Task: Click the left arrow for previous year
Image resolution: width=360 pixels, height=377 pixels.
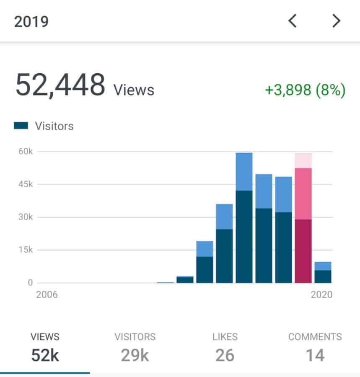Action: [x=293, y=21]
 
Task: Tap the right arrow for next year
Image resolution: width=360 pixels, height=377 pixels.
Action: [x=336, y=21]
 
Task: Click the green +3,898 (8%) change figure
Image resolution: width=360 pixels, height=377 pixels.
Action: [x=305, y=90]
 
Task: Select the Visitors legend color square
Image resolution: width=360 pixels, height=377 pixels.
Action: [x=21, y=126]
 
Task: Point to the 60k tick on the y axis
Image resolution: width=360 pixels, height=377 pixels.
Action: [x=25, y=152]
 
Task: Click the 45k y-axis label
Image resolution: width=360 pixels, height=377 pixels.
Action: [x=25, y=184]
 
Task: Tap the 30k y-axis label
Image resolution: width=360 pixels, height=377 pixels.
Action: [x=25, y=217]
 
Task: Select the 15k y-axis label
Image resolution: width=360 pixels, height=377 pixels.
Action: [x=25, y=250]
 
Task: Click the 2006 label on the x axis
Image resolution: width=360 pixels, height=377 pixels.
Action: [x=47, y=295]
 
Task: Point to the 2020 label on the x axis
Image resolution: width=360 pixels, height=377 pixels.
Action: [x=321, y=295]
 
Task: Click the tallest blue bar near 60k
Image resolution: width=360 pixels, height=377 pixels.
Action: [x=244, y=218]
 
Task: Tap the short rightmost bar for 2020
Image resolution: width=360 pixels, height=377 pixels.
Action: [x=323, y=272]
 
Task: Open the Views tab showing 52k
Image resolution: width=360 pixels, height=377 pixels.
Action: [x=45, y=348]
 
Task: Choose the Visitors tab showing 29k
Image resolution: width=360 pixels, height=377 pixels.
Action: [x=135, y=348]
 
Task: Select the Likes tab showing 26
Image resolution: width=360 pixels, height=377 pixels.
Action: [x=225, y=348]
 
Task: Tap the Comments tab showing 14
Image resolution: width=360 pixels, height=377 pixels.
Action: [x=315, y=348]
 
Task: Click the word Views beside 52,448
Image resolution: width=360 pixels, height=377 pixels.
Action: [x=134, y=90]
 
